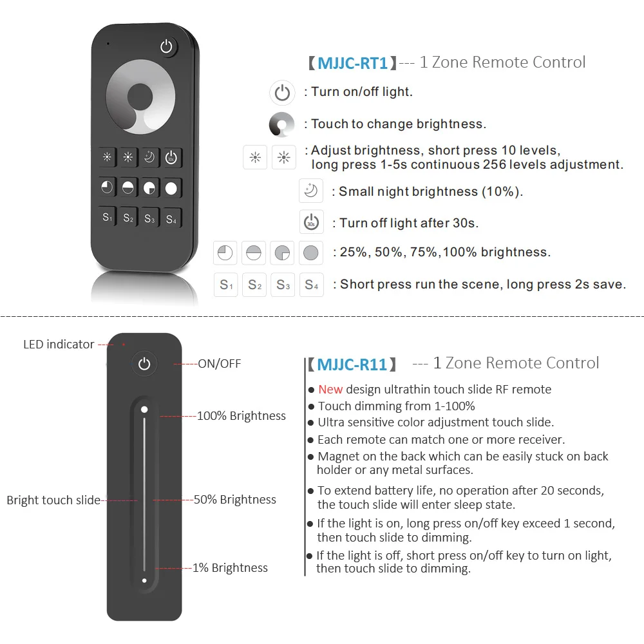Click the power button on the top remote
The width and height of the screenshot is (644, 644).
(x=167, y=47)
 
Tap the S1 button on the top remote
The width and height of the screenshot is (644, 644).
(x=108, y=218)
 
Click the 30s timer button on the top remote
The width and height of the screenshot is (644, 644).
(x=171, y=158)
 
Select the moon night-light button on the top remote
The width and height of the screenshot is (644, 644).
(x=150, y=158)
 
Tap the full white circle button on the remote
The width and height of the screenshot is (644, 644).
(x=171, y=188)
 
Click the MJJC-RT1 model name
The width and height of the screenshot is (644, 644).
(x=352, y=63)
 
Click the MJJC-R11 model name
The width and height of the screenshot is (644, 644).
(x=352, y=365)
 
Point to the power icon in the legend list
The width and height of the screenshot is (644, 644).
(x=282, y=93)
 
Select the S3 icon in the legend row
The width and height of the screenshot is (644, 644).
(x=283, y=285)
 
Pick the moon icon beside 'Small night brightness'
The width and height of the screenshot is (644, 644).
(x=311, y=191)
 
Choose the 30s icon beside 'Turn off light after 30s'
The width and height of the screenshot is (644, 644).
(x=311, y=223)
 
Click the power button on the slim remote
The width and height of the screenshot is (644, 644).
(x=144, y=365)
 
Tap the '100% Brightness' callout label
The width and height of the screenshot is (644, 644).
(x=241, y=416)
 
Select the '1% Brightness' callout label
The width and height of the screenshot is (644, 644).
(x=230, y=568)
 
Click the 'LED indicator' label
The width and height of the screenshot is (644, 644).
(x=59, y=345)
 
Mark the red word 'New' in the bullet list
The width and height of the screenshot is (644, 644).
(x=330, y=389)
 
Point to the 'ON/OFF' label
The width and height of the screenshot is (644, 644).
(x=219, y=364)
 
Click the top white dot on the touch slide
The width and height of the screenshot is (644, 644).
(x=144, y=409)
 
